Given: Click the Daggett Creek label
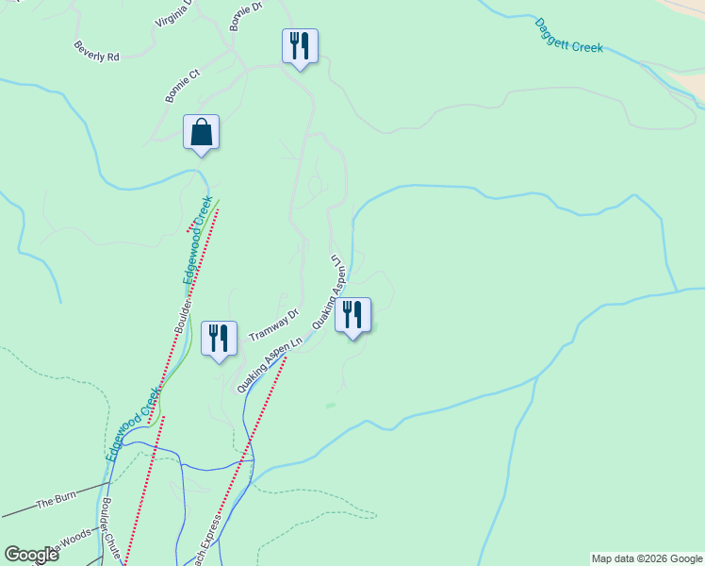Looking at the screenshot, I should (x=568, y=36).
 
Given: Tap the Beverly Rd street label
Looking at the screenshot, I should (x=97, y=50).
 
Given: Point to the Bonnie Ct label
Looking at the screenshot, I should (x=183, y=85).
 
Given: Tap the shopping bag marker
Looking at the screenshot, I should (x=202, y=132).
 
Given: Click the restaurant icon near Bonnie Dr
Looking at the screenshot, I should (x=300, y=45).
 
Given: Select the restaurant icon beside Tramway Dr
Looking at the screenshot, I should (x=220, y=338).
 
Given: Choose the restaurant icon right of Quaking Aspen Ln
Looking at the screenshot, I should (x=352, y=315).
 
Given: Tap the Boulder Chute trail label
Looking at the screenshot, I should (x=112, y=530).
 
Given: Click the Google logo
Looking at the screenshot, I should (x=31, y=555).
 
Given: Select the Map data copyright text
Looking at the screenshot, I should (x=647, y=558).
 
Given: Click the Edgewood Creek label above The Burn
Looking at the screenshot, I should (x=128, y=422).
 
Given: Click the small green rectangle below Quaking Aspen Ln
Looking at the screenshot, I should (x=330, y=406).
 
